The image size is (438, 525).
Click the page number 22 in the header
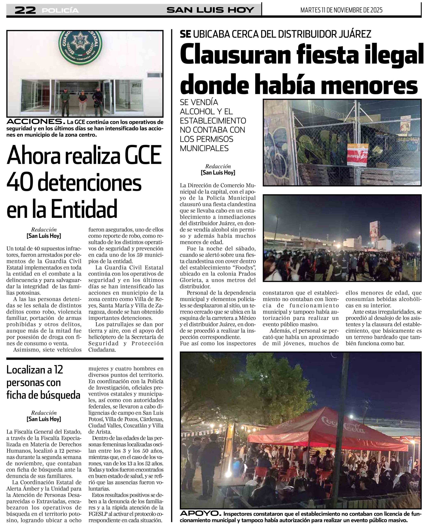25,10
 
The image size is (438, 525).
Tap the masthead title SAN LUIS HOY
210,10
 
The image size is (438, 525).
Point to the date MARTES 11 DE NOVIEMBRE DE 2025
341,10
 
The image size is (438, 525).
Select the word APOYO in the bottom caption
200,513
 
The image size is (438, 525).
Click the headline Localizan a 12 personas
35,370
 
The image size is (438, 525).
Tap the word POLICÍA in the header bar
60,10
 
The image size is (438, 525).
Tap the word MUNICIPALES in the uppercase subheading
204,148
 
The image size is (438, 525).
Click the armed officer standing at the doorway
97,101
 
